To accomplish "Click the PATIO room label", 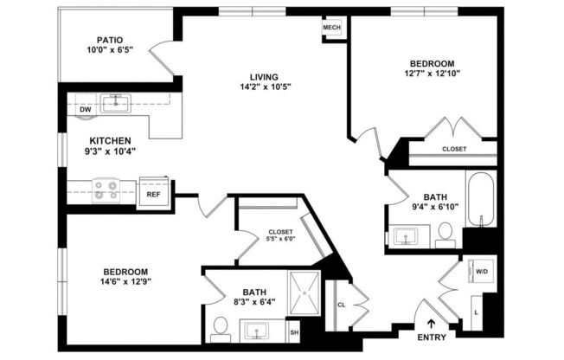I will click(110, 40).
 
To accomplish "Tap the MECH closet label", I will click(332, 28).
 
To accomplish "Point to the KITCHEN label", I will click(110, 139).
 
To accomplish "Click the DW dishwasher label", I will click(85, 110).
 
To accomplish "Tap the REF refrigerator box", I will click(153, 194).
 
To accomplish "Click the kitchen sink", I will click(114, 104).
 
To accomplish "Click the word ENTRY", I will click(432, 337).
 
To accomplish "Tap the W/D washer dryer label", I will click(480, 271).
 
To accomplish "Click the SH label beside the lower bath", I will click(294, 332).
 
